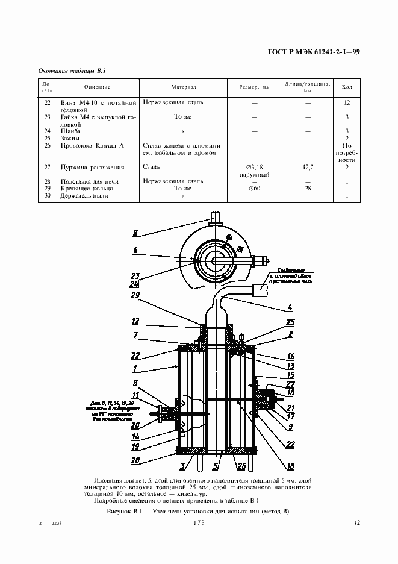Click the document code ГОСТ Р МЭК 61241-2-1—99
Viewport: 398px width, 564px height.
[313, 52]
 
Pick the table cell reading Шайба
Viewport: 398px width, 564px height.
[71, 131]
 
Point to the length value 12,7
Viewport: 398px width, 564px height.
[308, 167]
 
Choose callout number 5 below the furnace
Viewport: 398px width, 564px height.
[216, 465]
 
